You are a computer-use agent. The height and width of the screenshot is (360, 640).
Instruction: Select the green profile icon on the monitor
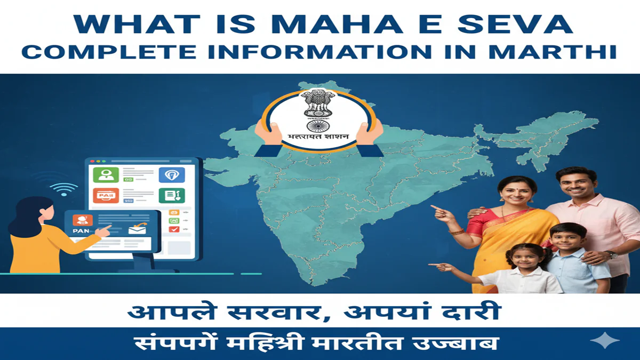pos(105,175)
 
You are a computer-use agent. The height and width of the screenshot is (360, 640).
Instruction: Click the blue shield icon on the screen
pos(171,174)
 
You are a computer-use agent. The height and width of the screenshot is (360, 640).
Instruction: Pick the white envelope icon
pos(137,230)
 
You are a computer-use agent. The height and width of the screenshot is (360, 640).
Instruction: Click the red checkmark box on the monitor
pos(174,229)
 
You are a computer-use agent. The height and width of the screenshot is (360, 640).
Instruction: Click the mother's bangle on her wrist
pos(457,231)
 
